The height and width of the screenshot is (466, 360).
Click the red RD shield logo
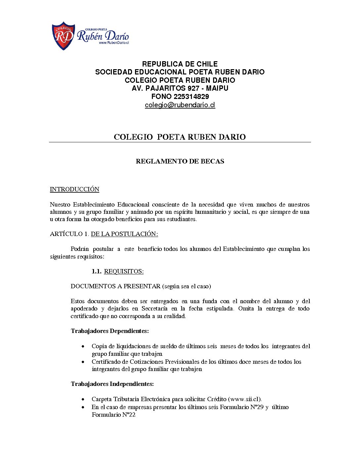click(63, 36)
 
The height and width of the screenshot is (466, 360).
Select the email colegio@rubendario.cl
click(180, 105)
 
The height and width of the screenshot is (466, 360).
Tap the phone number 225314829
click(191, 97)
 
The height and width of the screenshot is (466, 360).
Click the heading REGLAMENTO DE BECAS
click(180, 162)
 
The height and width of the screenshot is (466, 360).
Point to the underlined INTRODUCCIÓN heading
click(74, 189)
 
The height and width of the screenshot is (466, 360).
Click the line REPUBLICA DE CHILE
click(180, 64)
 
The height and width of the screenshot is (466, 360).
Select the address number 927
click(193, 88)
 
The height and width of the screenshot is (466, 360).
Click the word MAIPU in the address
click(217, 88)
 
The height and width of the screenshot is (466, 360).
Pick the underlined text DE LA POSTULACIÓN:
click(124, 234)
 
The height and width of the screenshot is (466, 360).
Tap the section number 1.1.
click(96, 271)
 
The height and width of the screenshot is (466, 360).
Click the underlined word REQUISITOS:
click(124, 271)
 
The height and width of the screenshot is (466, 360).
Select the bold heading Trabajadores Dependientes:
click(110, 331)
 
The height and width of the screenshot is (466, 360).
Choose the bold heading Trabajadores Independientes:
click(112, 384)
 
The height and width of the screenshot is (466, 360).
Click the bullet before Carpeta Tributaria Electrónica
click(83, 399)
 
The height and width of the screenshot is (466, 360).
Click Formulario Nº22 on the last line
click(113, 415)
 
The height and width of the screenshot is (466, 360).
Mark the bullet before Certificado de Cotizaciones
click(83, 362)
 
